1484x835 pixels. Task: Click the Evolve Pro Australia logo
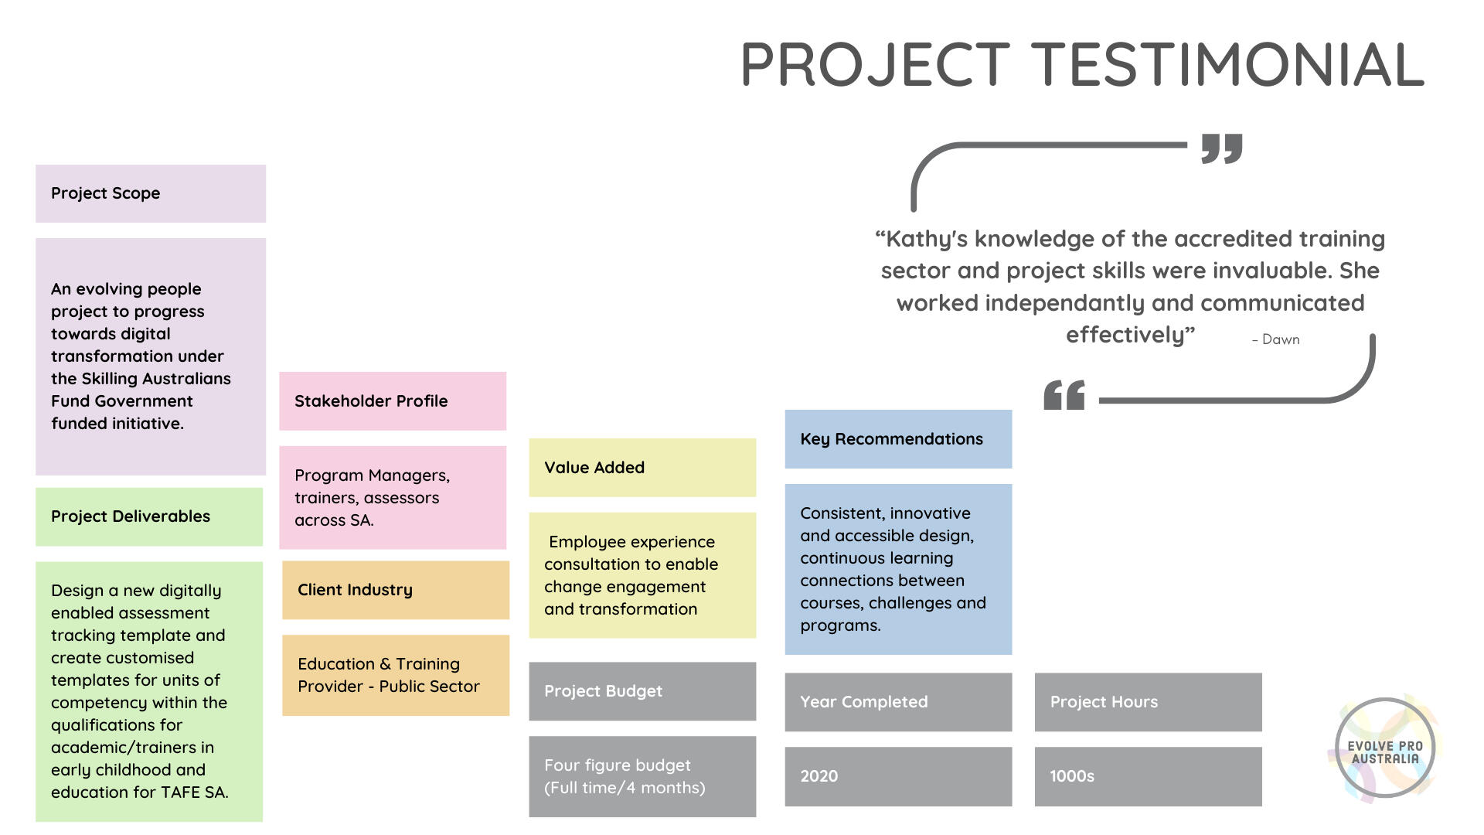coord(1385,748)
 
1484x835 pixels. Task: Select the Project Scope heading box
coord(151,193)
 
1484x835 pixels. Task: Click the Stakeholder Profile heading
coord(371,401)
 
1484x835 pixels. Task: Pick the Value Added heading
coord(594,468)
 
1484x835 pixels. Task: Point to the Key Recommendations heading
coord(891,439)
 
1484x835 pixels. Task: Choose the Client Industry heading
coord(355,590)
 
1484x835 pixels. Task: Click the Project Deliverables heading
coord(131,516)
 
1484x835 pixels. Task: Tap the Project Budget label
coord(603,691)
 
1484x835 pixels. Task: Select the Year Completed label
coord(863,702)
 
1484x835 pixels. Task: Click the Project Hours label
coord(1104,702)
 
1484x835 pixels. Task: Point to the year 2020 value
coord(819,776)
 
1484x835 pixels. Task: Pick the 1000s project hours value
coord(1071,776)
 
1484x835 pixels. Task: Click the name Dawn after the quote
coord(1281,339)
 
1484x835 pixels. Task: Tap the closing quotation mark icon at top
coord(1222,148)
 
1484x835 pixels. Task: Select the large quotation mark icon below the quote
coord(1064,395)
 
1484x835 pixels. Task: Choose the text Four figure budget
coord(617,765)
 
